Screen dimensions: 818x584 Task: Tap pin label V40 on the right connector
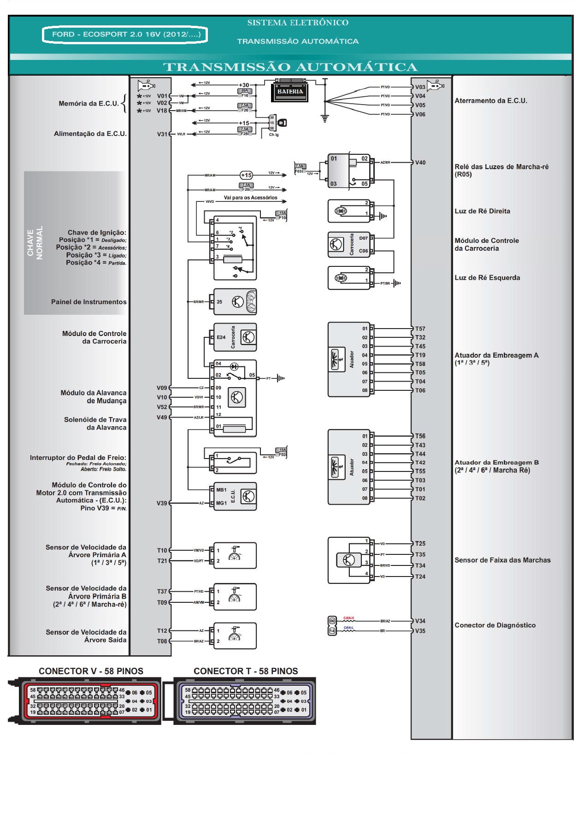pos(420,163)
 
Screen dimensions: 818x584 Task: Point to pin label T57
pos(420,329)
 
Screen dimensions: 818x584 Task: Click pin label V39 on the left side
pos(162,503)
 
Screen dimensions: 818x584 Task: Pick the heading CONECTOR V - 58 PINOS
pos(91,671)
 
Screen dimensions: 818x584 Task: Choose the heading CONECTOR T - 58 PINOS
pos(246,671)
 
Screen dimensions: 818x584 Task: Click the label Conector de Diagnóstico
pos(495,625)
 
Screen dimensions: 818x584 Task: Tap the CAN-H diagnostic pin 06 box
pos(332,621)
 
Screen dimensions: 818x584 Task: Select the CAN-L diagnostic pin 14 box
pos(332,631)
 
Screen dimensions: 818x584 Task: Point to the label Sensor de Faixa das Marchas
pos(502,560)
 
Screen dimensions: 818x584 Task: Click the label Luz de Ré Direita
pos(482,211)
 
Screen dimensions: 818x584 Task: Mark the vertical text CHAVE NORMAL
pos(35,243)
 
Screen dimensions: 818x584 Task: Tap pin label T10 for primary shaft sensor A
pos(162,550)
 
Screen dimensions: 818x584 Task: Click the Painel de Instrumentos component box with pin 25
pos(235,302)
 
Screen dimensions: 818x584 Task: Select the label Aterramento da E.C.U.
pos(490,100)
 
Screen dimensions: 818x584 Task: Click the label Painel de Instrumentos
pos(88,302)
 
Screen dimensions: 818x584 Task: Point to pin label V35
pos(420,631)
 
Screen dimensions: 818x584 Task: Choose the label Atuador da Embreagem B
pos(496,466)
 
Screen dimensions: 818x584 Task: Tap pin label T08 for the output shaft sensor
pos(162,641)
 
